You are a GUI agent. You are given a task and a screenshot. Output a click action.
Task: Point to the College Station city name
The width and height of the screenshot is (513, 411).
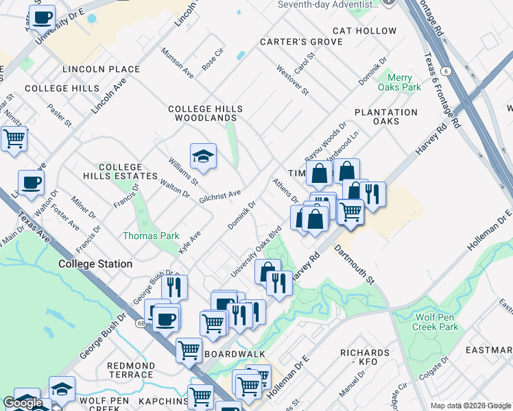[95, 264]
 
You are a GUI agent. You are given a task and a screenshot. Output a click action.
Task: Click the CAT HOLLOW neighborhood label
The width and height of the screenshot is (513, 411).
[364, 31]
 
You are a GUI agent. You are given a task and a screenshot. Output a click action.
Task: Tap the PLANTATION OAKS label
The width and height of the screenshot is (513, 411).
[385, 116]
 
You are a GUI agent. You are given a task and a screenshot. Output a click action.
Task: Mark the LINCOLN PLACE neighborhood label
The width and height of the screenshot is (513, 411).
[101, 69]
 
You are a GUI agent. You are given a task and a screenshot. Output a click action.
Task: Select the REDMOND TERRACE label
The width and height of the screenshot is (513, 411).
[130, 371]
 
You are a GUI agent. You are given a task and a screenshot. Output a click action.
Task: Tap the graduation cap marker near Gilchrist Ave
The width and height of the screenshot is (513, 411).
[203, 157]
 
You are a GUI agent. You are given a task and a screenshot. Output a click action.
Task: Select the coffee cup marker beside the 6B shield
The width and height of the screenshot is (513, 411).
[165, 318]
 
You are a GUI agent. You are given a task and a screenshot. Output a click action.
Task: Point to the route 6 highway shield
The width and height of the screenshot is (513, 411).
[446, 71]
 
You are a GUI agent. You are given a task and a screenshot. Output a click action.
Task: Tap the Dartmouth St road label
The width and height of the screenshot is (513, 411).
[355, 266]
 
